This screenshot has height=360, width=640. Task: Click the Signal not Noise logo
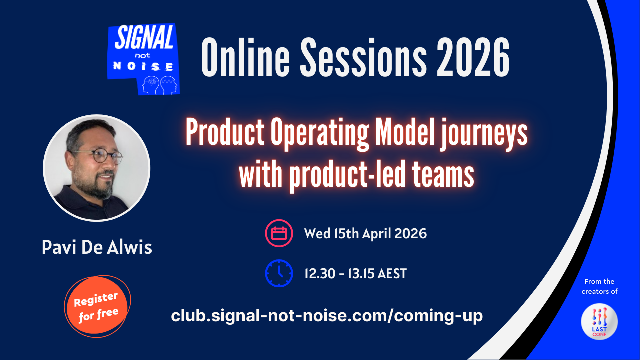143,59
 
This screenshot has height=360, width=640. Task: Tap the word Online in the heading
245,57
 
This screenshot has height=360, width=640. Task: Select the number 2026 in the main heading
473,57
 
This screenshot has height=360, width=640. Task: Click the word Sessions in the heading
363,57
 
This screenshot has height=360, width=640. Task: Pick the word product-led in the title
347,175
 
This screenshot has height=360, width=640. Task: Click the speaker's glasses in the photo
101,156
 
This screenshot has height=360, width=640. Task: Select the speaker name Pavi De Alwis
97,247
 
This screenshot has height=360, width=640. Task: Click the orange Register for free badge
97,306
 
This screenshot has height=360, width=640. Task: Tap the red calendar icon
279,233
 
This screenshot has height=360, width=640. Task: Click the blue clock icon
279,273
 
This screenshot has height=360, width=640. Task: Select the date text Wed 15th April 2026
365,233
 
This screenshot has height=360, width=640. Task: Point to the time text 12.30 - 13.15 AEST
355,273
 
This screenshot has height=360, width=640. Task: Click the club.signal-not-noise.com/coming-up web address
327,316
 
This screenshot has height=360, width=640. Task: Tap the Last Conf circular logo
599,321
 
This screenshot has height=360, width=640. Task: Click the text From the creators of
599,286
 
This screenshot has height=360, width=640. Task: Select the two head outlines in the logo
160,85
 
